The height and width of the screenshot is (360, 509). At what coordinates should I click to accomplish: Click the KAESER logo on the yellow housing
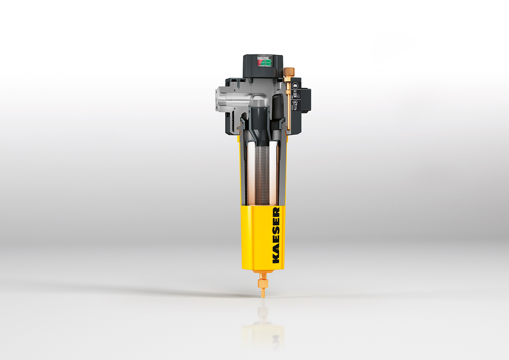click(276, 235)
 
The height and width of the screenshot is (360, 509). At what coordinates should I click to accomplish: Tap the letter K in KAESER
click(276, 259)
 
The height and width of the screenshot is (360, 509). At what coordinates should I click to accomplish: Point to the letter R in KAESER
click(276, 211)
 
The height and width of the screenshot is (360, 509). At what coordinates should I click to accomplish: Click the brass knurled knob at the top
click(289, 72)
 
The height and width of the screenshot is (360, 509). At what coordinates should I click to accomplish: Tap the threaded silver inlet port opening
click(218, 100)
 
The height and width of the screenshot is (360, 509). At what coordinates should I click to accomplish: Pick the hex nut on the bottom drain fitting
click(263, 283)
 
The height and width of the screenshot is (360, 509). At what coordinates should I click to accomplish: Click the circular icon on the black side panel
click(295, 86)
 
